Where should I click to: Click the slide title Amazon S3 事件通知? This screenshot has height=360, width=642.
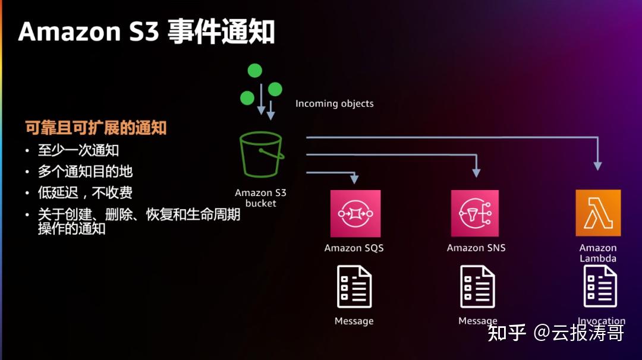(x=146, y=31)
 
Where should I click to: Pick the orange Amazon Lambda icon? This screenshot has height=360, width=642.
(x=598, y=213)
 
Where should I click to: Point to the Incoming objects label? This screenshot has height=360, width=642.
(x=335, y=103)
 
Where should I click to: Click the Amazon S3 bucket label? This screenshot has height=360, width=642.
(x=260, y=198)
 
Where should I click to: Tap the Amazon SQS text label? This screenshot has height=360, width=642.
(x=354, y=248)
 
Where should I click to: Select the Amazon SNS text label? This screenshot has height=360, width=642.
(x=476, y=248)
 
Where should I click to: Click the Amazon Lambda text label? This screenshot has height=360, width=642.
(x=598, y=253)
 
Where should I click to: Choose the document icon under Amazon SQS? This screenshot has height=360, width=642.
(x=354, y=286)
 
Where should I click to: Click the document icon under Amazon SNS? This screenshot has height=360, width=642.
(x=477, y=286)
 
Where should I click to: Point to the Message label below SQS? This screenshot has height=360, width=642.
(x=354, y=321)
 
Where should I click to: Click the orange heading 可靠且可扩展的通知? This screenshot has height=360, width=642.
(x=96, y=127)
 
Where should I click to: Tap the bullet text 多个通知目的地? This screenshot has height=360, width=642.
(x=85, y=172)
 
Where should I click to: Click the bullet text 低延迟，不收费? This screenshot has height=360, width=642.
(x=85, y=192)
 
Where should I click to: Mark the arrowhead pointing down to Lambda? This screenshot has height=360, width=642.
(x=598, y=166)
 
